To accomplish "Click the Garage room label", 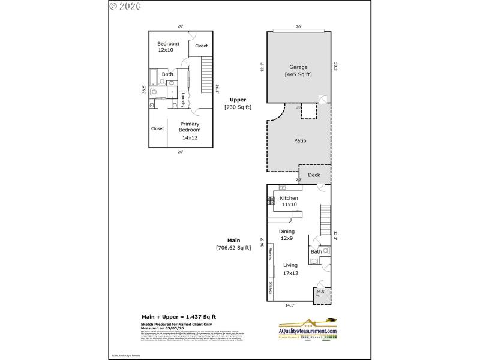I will point(298,67).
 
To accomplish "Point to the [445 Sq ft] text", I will point(298,75).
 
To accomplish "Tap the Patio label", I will point(300,141).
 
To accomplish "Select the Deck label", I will point(314,175).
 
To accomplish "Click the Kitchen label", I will point(289,198).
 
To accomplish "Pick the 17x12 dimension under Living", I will point(290,273).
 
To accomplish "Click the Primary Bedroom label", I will point(190,127).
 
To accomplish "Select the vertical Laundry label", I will point(183,100).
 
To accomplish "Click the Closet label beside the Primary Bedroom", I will point(157,128).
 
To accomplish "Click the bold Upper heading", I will point(238,100).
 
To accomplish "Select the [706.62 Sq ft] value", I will point(233,247).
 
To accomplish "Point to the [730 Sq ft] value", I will point(238,107).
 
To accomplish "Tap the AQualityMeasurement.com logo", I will point(307,330).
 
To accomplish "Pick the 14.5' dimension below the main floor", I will point(290,305).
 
